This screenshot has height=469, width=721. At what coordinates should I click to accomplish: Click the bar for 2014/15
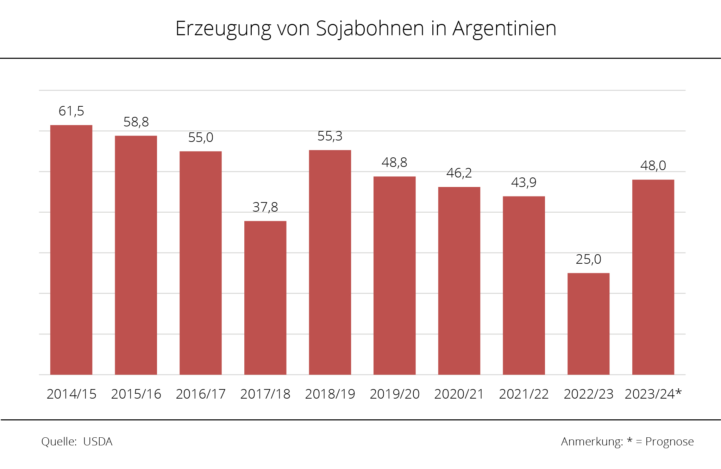[x=71, y=250]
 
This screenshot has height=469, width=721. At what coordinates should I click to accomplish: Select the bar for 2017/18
[x=265, y=298]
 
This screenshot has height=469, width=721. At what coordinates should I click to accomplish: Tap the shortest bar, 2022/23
[x=588, y=324]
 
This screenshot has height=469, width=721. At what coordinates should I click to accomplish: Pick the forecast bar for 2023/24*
[x=653, y=277]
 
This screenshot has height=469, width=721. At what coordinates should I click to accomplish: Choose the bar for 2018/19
[x=330, y=262]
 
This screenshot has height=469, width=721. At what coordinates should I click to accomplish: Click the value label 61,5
[x=71, y=111]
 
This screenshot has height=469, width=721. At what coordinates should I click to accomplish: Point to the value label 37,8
[x=265, y=207]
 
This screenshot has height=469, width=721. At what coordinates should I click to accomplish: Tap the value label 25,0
[x=588, y=259]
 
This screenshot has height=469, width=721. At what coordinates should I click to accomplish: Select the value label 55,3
[x=330, y=136]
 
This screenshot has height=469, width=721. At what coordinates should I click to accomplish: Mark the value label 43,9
[x=523, y=182]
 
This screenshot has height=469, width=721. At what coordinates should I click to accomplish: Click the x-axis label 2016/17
[x=201, y=394]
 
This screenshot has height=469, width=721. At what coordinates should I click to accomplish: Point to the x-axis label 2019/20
[x=395, y=394]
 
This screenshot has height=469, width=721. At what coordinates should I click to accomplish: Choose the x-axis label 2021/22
[x=523, y=394]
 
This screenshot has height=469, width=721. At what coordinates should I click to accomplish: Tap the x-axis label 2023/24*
[x=653, y=394]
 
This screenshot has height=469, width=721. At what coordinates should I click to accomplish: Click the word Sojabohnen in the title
[x=370, y=29]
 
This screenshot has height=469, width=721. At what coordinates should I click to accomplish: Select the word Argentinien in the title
[x=504, y=29]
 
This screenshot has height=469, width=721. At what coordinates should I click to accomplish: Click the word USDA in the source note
[x=98, y=442]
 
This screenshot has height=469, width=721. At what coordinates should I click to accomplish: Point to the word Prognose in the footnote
[x=669, y=442]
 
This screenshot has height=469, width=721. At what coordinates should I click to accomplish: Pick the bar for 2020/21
[x=459, y=281]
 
